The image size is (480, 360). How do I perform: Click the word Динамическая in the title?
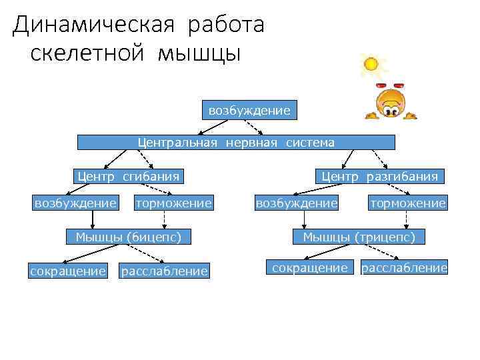(x=94, y=25)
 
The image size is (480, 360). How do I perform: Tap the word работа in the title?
(x=227, y=25)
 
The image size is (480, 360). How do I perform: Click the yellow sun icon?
(x=370, y=64)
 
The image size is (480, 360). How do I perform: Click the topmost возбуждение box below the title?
(x=249, y=110)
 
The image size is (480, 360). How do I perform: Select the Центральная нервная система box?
(x=236, y=142)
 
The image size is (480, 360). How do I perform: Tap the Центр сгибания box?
(x=129, y=176)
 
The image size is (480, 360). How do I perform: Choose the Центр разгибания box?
(x=380, y=176)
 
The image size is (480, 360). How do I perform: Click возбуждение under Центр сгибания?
(x=75, y=202)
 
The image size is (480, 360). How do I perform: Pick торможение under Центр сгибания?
(x=173, y=202)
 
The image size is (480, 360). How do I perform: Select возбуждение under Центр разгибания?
(x=297, y=202)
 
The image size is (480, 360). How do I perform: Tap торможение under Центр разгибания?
(x=408, y=202)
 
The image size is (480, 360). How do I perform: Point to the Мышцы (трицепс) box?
(x=359, y=236)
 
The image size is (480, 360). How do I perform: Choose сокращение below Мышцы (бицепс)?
(x=68, y=271)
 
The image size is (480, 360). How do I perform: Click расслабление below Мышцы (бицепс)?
(x=164, y=271)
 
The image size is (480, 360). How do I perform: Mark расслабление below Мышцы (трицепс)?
(x=404, y=267)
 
